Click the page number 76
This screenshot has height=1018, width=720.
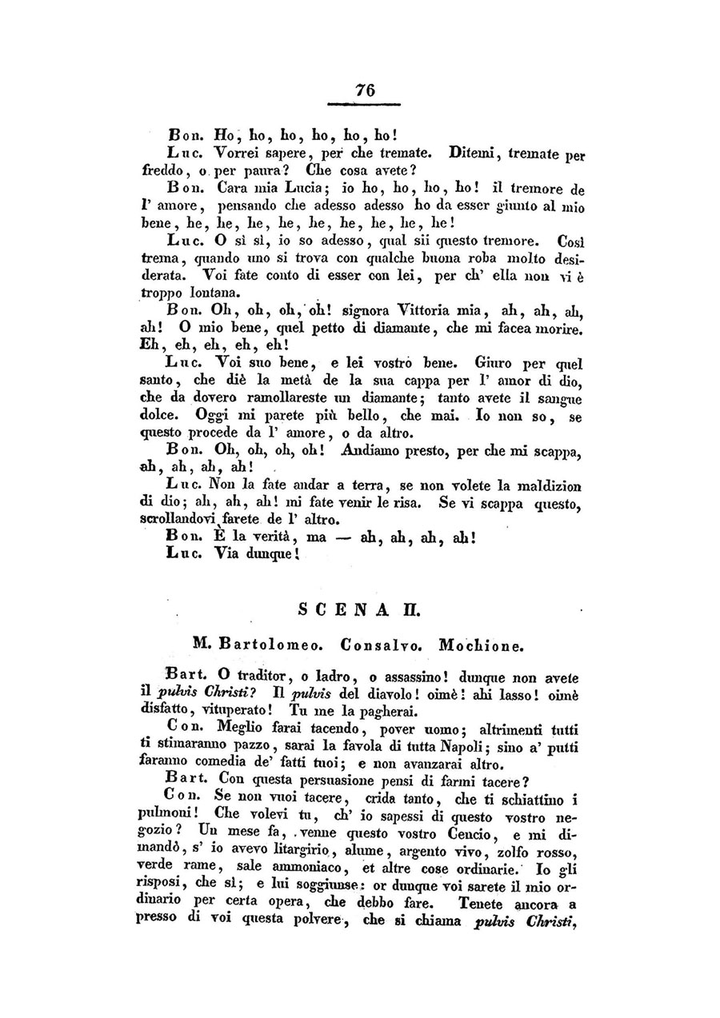365,90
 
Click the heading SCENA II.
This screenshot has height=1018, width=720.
359,609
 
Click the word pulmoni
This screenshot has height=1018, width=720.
170,815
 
